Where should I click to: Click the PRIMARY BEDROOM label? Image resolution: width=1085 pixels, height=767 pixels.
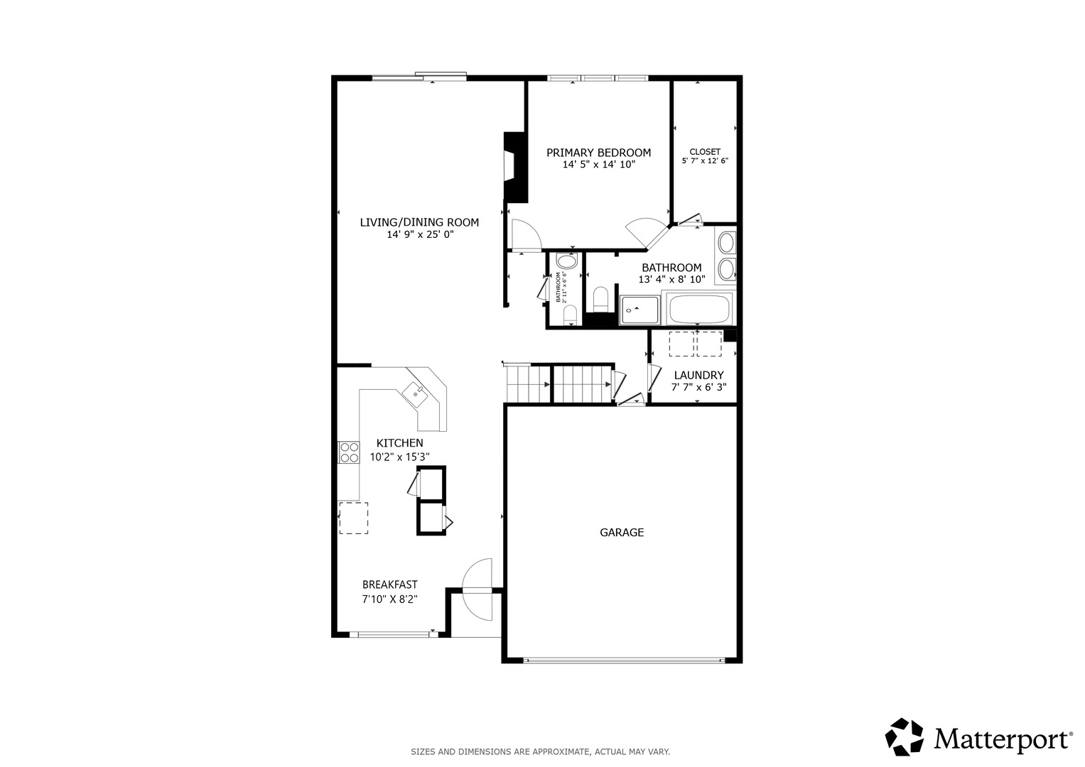click(598, 153)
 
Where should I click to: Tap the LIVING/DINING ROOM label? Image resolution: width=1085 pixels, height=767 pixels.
click(419, 222)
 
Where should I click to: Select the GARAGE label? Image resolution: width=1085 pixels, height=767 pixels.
click(622, 532)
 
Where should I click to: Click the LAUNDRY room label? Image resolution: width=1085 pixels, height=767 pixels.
click(698, 375)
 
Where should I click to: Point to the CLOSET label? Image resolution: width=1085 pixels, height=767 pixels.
click(705, 151)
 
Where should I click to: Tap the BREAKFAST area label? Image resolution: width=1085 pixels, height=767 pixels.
click(389, 584)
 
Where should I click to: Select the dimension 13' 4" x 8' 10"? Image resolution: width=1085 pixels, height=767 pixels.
click(671, 280)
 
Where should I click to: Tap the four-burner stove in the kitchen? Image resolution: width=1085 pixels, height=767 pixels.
click(349, 452)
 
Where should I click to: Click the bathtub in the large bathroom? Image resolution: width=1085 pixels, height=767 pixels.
click(699, 308)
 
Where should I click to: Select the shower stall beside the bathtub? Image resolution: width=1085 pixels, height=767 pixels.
click(639, 310)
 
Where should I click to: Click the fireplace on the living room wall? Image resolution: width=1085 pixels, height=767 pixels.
click(514, 167)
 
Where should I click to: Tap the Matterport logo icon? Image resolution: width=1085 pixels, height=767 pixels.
click(904, 736)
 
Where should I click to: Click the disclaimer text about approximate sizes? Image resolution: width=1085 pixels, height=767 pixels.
click(540, 751)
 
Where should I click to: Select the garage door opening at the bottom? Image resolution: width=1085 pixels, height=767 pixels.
click(623, 660)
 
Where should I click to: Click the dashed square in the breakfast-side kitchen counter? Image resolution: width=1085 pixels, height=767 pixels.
click(353, 518)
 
